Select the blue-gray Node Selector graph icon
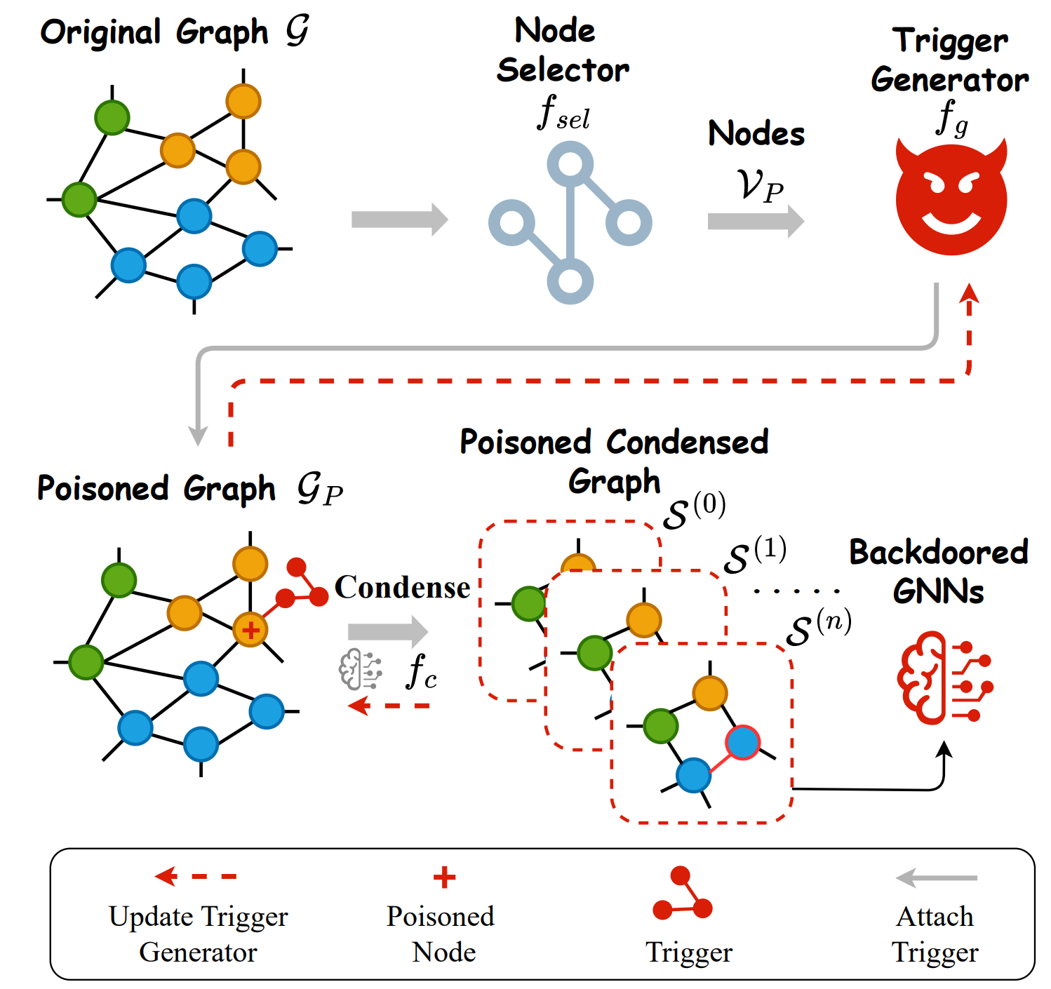570,222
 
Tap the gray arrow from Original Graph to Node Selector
399,220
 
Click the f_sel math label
563,114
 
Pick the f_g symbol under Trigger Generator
951,118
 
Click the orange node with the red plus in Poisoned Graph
250,629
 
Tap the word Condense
402,587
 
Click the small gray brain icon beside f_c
360,669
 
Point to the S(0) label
694,511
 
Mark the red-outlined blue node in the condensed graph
742,742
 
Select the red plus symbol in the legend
444,877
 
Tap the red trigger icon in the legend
682,894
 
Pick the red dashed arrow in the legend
196,876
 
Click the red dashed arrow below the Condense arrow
389,705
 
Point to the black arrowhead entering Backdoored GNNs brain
945,749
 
